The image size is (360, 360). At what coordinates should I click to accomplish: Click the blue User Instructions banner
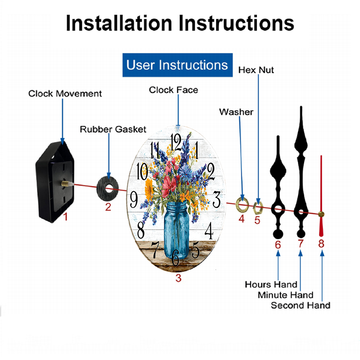177,65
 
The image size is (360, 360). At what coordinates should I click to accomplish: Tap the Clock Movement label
65,94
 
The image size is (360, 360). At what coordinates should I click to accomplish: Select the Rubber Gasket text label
113,129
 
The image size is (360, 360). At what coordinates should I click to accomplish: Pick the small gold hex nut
258,207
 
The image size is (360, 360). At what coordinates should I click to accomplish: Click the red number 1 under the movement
66,217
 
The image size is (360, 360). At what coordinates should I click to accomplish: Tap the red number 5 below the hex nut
257,220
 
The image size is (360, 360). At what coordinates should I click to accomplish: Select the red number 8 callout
321,244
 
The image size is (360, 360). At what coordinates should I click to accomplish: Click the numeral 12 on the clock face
176,142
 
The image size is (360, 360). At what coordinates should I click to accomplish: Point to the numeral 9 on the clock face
134,199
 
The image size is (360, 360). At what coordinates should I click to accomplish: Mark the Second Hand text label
300,306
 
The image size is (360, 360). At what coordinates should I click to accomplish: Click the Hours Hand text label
271,284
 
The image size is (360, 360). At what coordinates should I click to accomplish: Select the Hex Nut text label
256,70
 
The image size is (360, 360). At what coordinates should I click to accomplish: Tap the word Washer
236,112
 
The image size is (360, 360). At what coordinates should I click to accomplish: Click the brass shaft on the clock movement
66,184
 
